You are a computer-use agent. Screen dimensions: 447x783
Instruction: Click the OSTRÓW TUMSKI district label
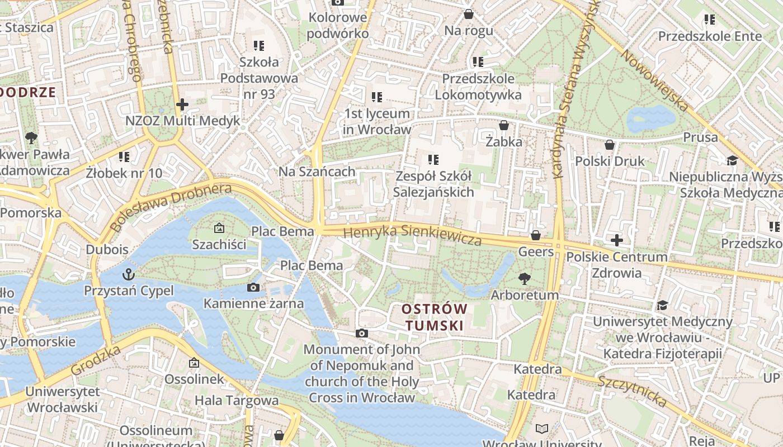point(435,317)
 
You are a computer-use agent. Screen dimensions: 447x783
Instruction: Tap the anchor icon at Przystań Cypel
point(129,274)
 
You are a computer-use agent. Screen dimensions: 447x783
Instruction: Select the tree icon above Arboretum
point(525,278)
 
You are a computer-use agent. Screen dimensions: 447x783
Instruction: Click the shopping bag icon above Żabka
point(503,125)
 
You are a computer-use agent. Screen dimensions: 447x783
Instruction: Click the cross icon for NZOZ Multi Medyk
point(182,104)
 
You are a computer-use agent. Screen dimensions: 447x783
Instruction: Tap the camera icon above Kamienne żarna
point(253,288)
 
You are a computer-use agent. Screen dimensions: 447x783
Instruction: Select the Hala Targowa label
point(236,400)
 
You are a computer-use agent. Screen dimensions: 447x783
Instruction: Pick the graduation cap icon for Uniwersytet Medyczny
point(663,305)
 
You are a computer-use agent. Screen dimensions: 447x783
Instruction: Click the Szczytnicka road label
point(632,391)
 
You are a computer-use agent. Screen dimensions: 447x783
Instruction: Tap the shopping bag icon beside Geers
point(536,235)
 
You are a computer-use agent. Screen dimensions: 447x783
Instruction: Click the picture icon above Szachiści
point(219,228)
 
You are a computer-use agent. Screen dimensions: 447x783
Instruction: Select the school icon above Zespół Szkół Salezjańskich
point(433,160)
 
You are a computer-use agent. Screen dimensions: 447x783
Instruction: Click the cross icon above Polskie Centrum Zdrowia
point(617,241)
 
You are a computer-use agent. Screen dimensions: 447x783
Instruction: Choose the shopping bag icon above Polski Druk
point(610,145)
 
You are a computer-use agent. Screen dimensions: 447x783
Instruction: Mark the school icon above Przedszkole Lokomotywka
point(478,62)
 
